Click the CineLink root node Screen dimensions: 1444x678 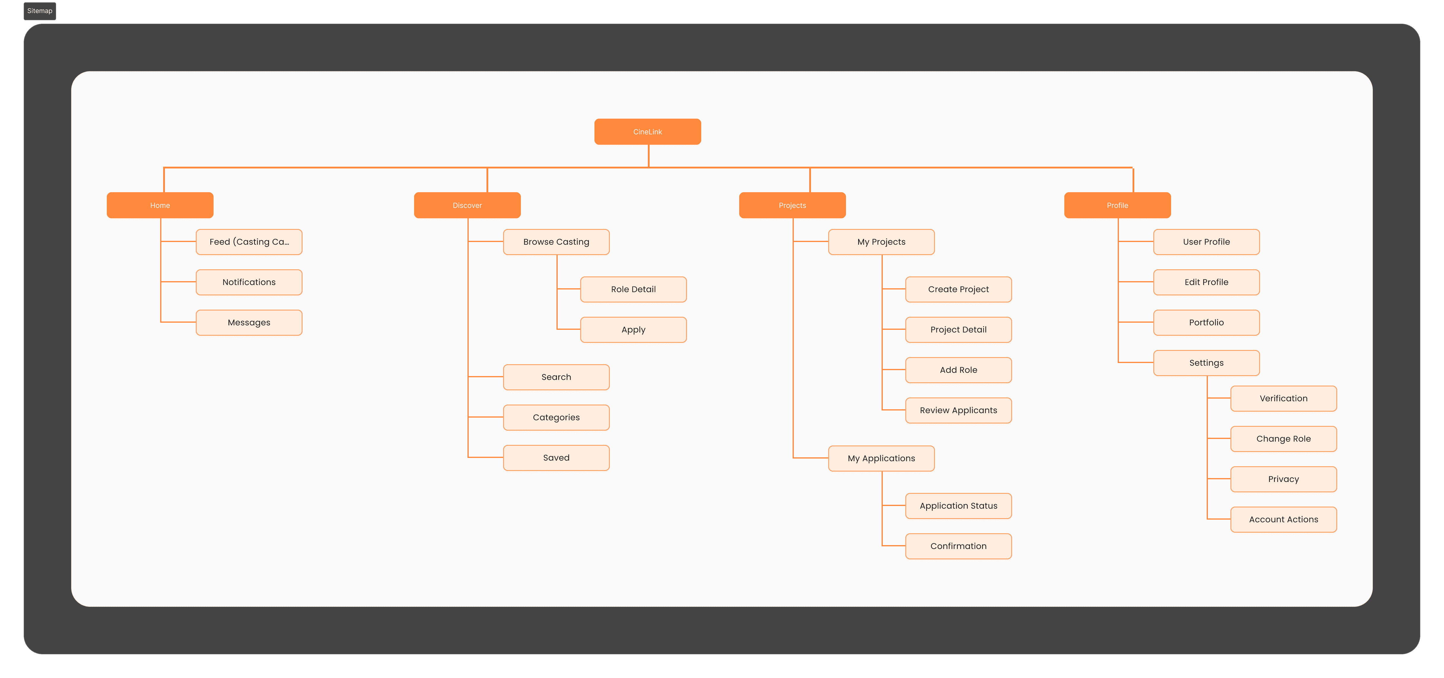pyautogui.click(x=648, y=132)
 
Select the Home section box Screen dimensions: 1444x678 pyautogui.click(x=160, y=205)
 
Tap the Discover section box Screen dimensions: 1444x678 pyautogui.click(x=467, y=205)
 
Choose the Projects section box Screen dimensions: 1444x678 pyautogui.click(x=792, y=205)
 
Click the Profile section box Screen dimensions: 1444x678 pyautogui.click(x=1117, y=205)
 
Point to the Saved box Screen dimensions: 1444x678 pyautogui.click(x=556, y=458)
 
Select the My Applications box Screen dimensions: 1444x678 pyautogui.click(x=881, y=458)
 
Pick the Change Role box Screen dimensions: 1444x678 pyautogui.click(x=1284, y=439)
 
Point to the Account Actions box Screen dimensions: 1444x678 pyautogui.click(x=1284, y=519)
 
